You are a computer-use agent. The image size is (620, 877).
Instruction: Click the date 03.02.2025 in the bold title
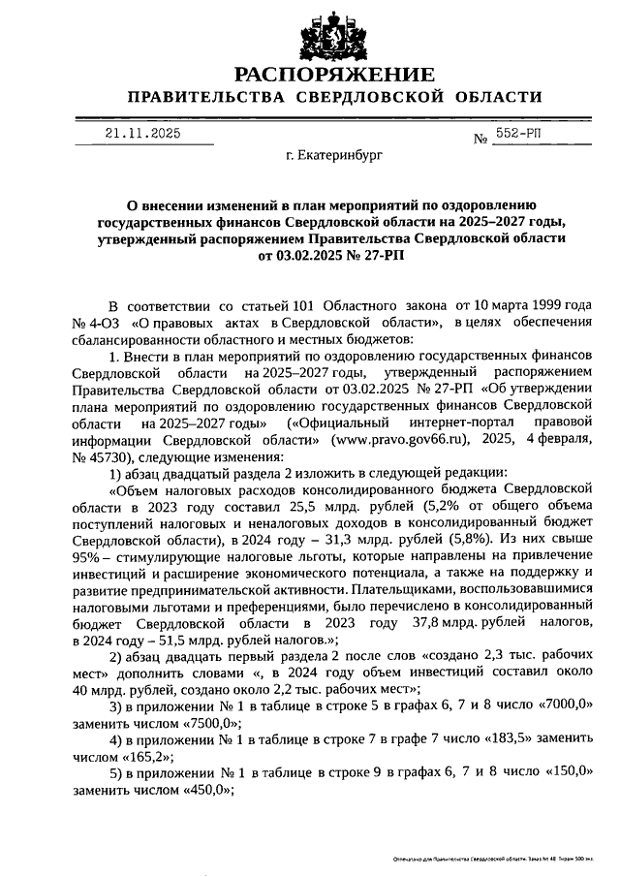click(x=309, y=256)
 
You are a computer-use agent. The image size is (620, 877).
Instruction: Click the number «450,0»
click(x=199, y=790)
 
